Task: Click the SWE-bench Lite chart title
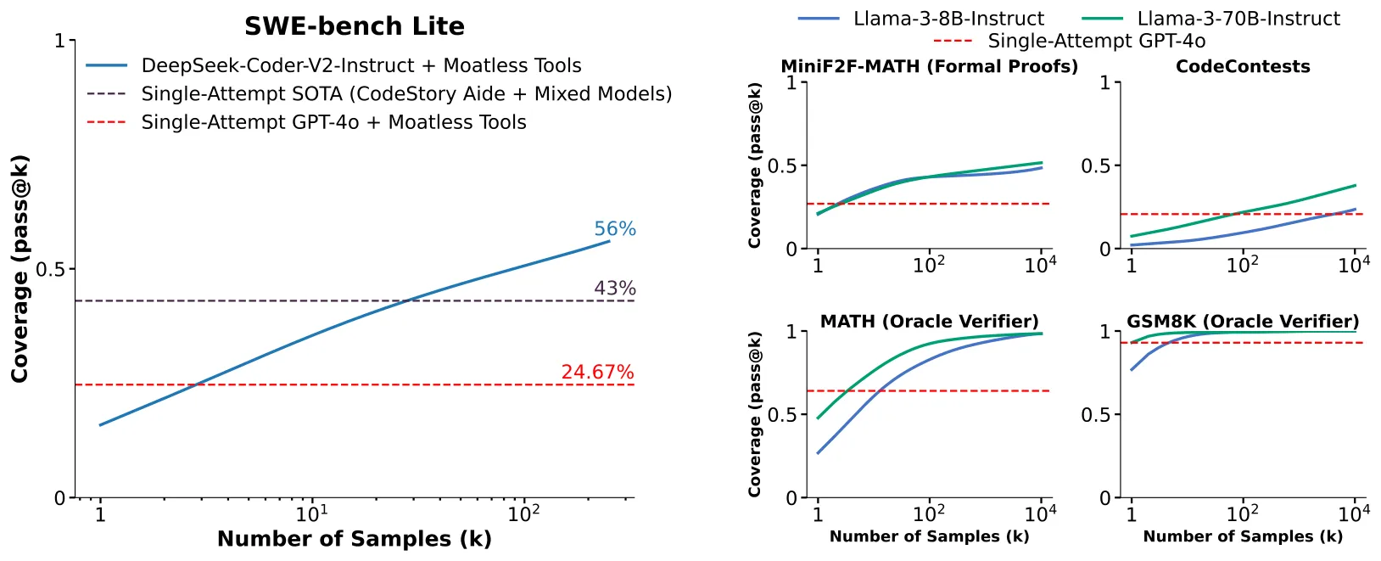pyautogui.click(x=355, y=26)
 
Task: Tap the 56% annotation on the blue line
pyautogui.click(x=615, y=229)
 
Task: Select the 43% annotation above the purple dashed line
pyautogui.click(x=615, y=289)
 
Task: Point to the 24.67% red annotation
pyautogui.click(x=597, y=372)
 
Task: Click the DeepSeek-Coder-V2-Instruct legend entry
pyautogui.click(x=333, y=65)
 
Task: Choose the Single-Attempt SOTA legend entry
pyautogui.click(x=379, y=94)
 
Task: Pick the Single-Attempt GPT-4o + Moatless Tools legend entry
pyautogui.click(x=306, y=122)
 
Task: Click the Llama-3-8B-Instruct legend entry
pyautogui.click(x=921, y=19)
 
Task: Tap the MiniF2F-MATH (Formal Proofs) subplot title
pyautogui.click(x=929, y=66)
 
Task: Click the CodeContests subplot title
pyautogui.click(x=1243, y=66)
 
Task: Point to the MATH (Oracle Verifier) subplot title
pyautogui.click(x=929, y=322)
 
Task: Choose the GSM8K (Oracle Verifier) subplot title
pyautogui.click(x=1243, y=322)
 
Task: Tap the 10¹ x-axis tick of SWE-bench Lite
pyautogui.click(x=312, y=513)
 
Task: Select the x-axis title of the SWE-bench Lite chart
pyautogui.click(x=355, y=539)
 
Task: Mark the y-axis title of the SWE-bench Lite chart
pyautogui.click(x=20, y=269)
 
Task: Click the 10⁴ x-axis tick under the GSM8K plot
pyautogui.click(x=1354, y=513)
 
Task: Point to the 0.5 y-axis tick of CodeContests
pyautogui.click(x=1095, y=165)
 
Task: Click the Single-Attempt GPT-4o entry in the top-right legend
pyautogui.click(x=1070, y=41)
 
